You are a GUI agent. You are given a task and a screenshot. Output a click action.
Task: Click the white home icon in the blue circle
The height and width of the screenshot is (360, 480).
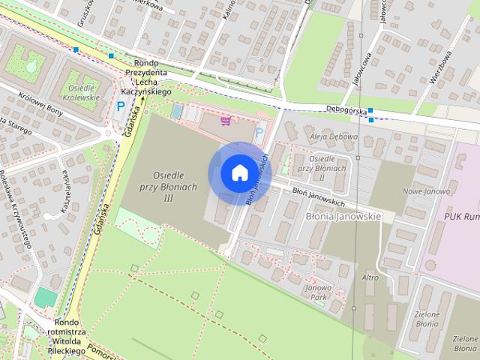coord(239,172)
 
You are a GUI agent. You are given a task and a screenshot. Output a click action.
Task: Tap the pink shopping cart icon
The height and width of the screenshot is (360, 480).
coord(225,120)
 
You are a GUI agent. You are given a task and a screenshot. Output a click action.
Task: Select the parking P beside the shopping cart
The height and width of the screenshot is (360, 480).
coord(259,133)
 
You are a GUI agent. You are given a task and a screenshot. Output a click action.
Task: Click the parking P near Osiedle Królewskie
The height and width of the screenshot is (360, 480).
coord(120,107)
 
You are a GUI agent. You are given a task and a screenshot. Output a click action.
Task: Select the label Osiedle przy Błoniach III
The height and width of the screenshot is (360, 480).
coord(169,183)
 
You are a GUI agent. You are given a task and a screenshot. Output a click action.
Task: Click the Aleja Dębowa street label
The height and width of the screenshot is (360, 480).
coord(334,138)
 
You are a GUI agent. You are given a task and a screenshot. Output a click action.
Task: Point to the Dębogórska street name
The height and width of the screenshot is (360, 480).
coord(346,109)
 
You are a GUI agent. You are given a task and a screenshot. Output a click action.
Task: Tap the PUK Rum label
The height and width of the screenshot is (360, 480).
coord(459,217)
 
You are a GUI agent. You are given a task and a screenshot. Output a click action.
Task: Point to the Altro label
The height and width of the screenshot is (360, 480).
coord(370,277)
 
